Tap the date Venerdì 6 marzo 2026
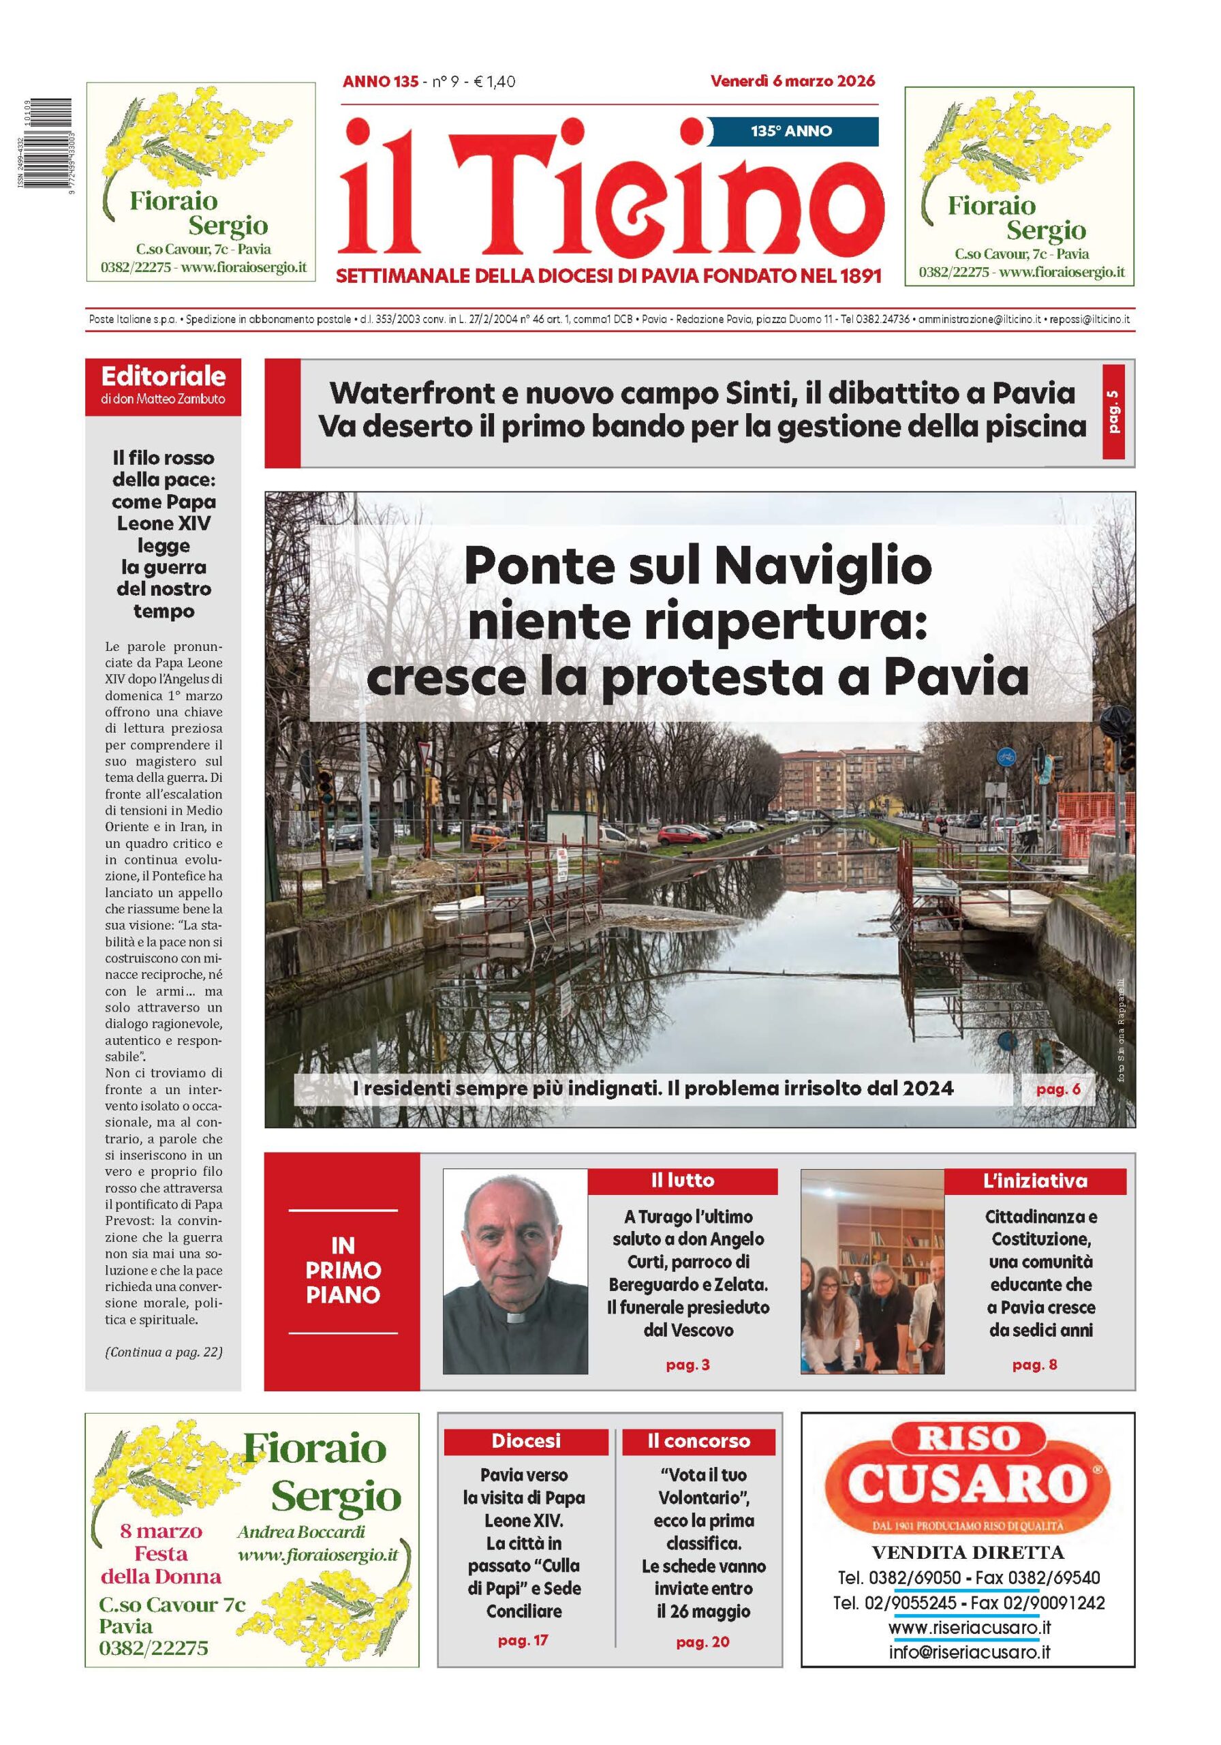click(792, 80)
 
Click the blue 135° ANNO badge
click(792, 131)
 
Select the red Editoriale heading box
click(163, 385)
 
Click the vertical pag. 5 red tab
click(1113, 412)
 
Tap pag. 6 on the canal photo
click(1057, 1089)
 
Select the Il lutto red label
click(681, 1181)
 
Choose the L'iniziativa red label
click(1034, 1181)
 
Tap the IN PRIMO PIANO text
click(343, 1270)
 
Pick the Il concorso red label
click(698, 1441)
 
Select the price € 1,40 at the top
click(494, 81)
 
